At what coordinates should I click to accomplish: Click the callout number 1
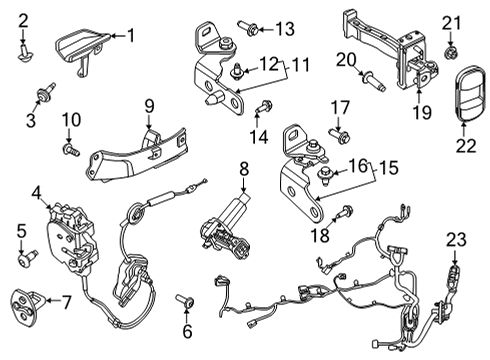coord(129,37)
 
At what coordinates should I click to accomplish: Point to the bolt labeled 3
coord(42,94)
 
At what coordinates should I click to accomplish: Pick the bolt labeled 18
coord(344,211)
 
